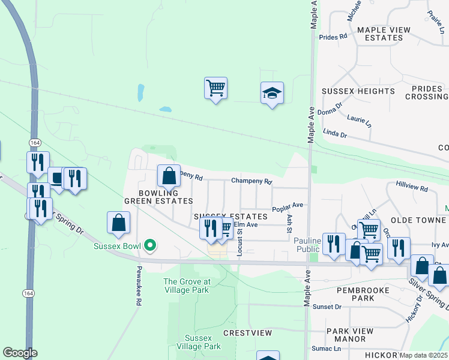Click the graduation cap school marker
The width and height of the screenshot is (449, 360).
pyautogui.click(x=272, y=94)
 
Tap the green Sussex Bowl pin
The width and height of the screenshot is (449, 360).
pyautogui.click(x=151, y=245)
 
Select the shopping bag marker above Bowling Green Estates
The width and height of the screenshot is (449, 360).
pyautogui.click(x=169, y=176)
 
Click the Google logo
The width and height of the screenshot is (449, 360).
pyautogui.click(x=20, y=353)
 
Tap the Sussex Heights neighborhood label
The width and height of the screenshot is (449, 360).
pyautogui.click(x=358, y=91)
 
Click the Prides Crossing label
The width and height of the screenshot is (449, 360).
pyautogui.click(x=427, y=92)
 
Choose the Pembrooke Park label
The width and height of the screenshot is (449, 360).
pyautogui.click(x=363, y=294)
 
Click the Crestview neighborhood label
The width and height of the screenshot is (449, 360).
pyautogui.click(x=247, y=332)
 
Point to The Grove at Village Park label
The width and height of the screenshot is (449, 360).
pyautogui.click(x=186, y=286)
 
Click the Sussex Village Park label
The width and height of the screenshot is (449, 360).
pyautogui.click(x=199, y=342)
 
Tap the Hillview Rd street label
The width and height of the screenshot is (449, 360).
pyautogui.click(x=411, y=188)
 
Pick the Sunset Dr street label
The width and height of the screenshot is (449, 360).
pyautogui.click(x=330, y=307)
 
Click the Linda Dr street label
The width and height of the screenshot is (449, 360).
pyautogui.click(x=335, y=136)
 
